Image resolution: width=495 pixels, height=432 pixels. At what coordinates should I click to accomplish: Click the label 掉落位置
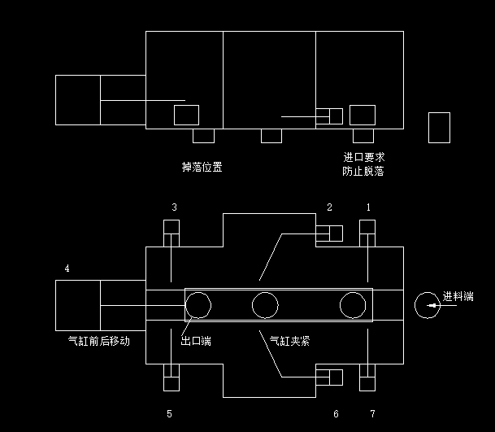click(x=202, y=168)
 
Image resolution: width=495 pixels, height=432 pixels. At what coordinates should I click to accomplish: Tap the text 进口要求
click(x=363, y=157)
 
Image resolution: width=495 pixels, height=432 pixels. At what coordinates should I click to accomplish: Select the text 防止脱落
click(x=363, y=171)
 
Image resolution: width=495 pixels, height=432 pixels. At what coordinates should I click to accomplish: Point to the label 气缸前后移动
click(x=99, y=341)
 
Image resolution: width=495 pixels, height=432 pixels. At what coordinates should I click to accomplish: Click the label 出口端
click(x=196, y=341)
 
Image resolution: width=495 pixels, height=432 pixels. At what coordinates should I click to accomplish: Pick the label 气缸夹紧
click(x=289, y=341)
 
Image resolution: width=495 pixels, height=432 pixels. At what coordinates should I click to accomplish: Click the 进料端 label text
click(x=458, y=296)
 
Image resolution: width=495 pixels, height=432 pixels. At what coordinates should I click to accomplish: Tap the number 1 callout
click(x=368, y=207)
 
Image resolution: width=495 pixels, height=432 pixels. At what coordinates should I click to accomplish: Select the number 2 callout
click(x=329, y=207)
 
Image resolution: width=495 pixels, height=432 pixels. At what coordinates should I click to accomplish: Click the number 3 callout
click(x=174, y=207)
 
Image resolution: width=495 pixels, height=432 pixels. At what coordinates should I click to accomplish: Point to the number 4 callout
click(x=67, y=268)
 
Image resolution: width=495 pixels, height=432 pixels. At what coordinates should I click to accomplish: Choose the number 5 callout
click(x=169, y=414)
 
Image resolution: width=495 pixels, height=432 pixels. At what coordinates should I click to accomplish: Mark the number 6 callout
click(x=336, y=414)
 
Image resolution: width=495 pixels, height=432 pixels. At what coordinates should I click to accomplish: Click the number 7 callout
click(x=372, y=414)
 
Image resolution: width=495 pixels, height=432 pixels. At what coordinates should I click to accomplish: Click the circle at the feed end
click(x=428, y=305)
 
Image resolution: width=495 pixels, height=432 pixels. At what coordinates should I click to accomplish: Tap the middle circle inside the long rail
click(x=265, y=305)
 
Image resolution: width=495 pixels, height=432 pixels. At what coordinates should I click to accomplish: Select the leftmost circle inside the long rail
click(x=198, y=305)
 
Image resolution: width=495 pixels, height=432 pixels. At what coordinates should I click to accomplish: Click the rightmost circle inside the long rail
click(x=353, y=305)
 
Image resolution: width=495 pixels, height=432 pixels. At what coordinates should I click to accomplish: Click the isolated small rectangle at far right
click(x=439, y=128)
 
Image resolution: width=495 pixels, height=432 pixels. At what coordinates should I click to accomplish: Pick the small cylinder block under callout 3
click(x=172, y=233)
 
